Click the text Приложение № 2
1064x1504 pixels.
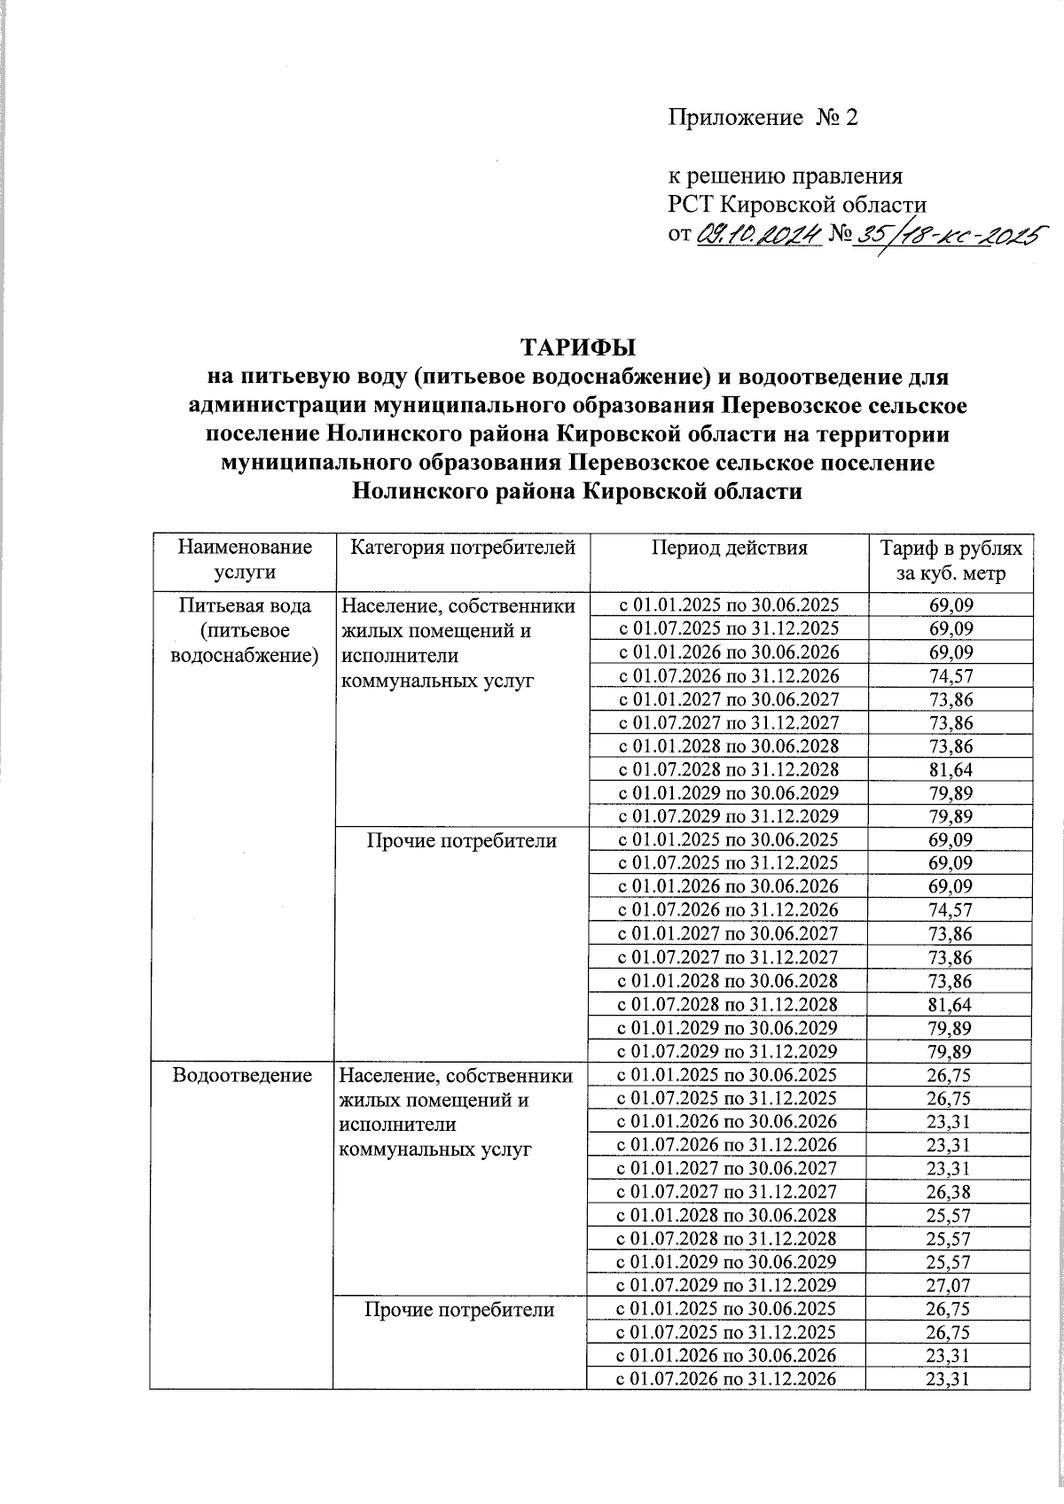[763, 118]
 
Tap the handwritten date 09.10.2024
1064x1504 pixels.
[760, 235]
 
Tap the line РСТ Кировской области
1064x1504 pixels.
[797, 205]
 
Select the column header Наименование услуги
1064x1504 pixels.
[246, 559]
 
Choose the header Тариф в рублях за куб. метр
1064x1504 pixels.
[950, 559]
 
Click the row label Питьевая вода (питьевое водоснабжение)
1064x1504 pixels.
[246, 631]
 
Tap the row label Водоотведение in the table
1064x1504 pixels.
[245, 1075]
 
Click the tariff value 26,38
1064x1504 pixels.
[949, 1192]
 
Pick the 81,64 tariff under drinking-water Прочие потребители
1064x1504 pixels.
[949, 1004]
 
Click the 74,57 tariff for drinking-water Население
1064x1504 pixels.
[949, 676]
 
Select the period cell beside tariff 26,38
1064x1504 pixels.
[728, 1192]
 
